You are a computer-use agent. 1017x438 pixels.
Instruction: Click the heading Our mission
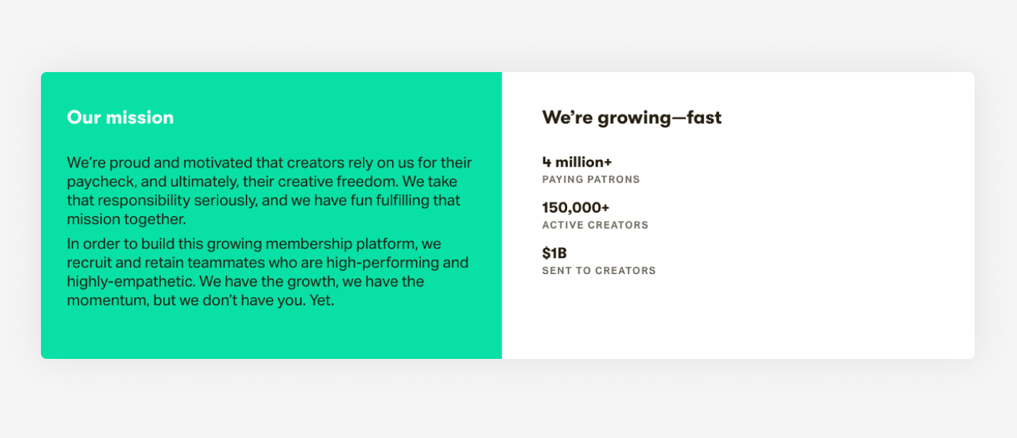[120, 117]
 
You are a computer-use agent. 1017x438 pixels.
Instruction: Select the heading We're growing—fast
[631, 117]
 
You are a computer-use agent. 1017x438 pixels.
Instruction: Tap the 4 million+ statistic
[576, 162]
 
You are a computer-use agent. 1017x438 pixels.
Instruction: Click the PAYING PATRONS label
[590, 179]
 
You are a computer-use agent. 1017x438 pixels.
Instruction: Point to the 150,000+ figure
[575, 208]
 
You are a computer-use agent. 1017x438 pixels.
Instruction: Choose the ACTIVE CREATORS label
[595, 225]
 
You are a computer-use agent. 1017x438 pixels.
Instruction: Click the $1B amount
[554, 253]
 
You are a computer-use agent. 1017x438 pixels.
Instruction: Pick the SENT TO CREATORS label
[599, 271]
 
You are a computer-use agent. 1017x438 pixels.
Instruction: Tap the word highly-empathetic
[131, 282]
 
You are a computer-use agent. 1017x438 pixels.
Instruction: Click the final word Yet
[321, 300]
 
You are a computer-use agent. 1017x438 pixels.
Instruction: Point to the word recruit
[89, 263]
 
